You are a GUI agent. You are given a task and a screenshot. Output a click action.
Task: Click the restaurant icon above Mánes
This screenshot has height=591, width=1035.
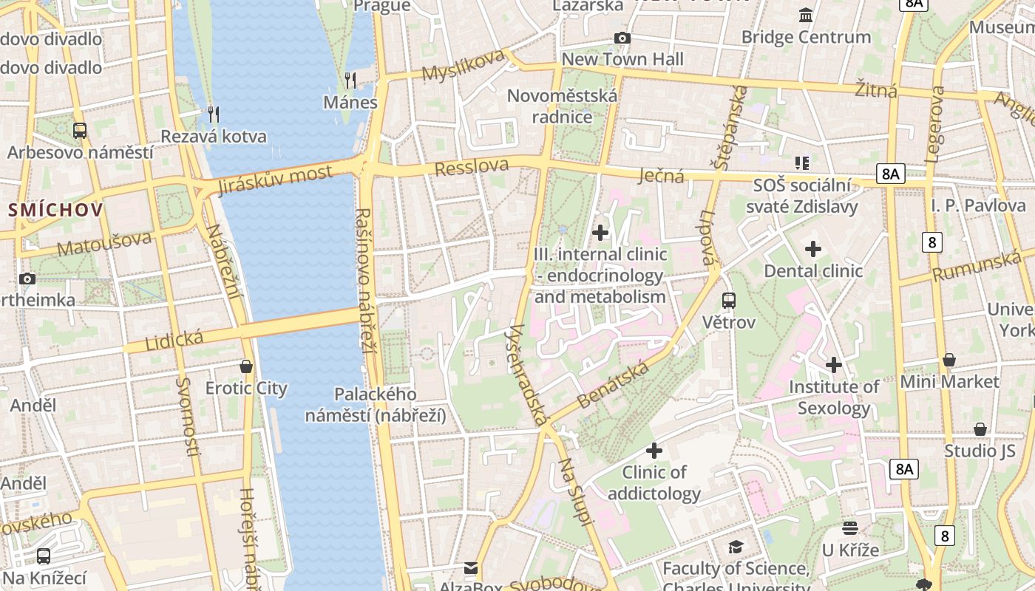(x=350, y=80)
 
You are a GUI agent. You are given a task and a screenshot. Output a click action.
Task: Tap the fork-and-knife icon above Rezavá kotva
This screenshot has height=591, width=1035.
(x=214, y=114)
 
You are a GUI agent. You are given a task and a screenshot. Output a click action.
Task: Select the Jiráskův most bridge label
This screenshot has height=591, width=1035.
(x=276, y=181)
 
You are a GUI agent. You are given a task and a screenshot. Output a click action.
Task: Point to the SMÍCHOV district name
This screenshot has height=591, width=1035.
(x=56, y=210)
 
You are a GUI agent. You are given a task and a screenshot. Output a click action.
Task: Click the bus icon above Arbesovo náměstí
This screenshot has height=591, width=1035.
(x=80, y=131)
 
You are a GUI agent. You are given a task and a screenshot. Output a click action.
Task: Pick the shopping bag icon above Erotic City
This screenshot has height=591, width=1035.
(x=246, y=366)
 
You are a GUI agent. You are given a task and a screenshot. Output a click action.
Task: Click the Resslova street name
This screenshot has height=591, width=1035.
(x=472, y=168)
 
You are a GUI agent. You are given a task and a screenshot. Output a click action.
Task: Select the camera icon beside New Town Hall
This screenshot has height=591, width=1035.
(x=622, y=38)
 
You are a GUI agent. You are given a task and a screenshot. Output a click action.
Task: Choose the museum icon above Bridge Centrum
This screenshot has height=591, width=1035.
(x=806, y=15)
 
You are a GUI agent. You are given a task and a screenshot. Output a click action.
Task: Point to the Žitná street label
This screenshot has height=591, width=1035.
(x=876, y=89)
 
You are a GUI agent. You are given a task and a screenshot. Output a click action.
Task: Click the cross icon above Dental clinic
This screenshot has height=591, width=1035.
(x=813, y=249)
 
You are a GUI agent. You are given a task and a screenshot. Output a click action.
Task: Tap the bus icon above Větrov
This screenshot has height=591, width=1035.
(x=729, y=300)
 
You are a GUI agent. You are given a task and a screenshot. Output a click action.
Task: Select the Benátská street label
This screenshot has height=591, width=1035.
(x=613, y=384)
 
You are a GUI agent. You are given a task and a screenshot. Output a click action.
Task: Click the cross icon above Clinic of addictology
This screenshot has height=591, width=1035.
(x=654, y=450)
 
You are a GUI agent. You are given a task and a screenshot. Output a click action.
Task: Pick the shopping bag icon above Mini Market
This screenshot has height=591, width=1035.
(x=949, y=360)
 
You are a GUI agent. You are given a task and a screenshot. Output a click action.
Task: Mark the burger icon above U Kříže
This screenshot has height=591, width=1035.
(x=850, y=528)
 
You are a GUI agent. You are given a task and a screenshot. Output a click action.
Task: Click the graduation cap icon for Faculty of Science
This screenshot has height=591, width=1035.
(x=736, y=547)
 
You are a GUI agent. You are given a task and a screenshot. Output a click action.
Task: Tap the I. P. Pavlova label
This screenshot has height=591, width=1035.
(x=978, y=205)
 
